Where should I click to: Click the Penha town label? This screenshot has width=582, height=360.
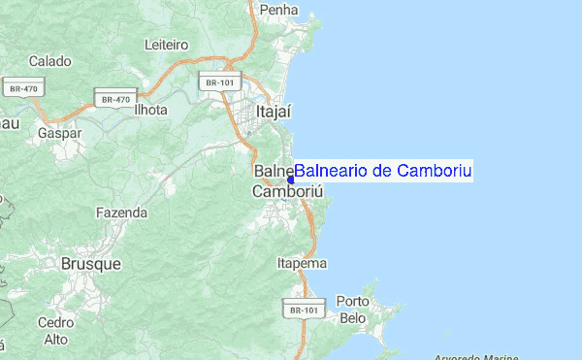279,10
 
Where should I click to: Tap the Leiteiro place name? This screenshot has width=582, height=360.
166,44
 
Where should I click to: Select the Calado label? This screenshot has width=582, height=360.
49,61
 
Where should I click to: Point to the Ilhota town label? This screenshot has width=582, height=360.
150,110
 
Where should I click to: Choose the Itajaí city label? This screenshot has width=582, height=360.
274,113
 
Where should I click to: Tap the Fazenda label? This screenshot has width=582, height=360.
121,212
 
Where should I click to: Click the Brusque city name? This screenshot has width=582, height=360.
90,263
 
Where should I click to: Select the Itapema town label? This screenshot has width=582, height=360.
302,263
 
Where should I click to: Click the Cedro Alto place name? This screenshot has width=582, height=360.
55,330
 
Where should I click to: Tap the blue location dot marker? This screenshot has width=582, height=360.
290,180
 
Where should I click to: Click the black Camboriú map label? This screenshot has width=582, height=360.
286,192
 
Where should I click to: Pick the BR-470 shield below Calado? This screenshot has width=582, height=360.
22,87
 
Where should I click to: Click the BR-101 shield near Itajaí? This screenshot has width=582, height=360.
217,82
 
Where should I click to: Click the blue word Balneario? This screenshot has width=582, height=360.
335,171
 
